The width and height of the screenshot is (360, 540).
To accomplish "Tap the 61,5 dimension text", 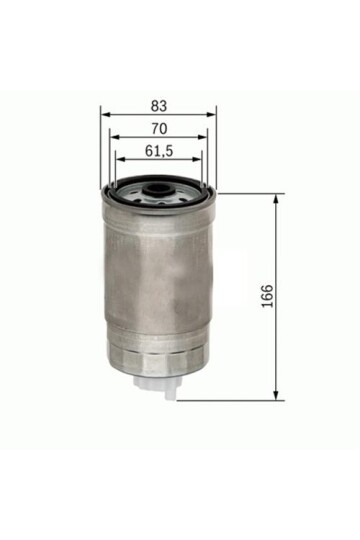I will coord(159,152).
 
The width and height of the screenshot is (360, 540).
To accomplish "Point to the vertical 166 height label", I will coord(266,296).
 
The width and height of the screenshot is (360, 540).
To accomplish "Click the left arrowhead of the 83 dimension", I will coord(105,114).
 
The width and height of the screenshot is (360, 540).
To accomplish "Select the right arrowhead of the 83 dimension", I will coord(213,114).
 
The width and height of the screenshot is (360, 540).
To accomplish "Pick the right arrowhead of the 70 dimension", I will coord(205,138).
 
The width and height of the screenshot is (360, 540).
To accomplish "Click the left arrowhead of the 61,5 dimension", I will coord(119,162).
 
